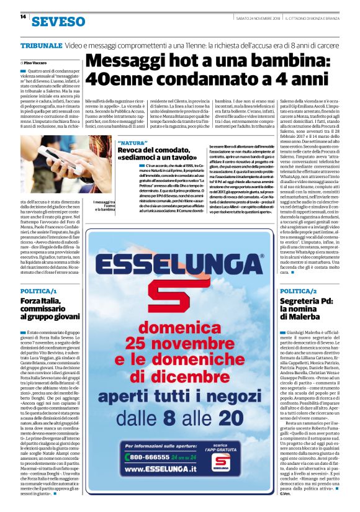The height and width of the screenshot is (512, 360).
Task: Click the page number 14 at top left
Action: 22,17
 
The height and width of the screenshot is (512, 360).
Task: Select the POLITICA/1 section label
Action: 38,290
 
